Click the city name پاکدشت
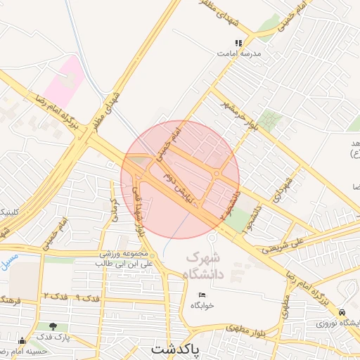coord(176,349)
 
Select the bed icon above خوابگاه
coord(202,295)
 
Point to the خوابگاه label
coord(202,306)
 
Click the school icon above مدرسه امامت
coord(238,43)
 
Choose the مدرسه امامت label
coord(239,53)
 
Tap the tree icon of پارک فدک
coord(54,326)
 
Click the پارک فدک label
coord(53,338)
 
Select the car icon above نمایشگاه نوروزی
coord(342,311)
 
